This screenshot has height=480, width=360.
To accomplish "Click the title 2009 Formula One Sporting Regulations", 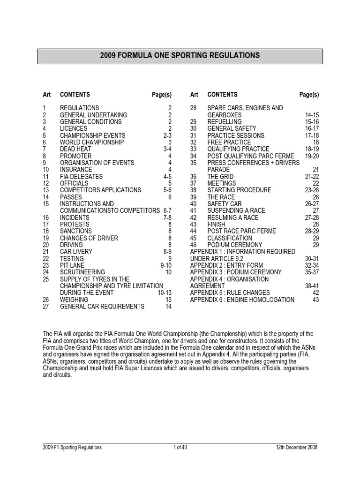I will tap(180, 55).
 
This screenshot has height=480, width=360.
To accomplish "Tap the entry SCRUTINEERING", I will tap(82, 272).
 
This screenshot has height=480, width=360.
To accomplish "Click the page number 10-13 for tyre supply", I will tap(165, 292).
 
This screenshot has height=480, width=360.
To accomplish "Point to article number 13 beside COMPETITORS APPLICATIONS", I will tap(46, 190).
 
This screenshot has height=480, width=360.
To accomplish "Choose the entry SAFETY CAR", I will tap(225, 204).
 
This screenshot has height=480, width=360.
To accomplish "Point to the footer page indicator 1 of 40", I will tap(180, 448).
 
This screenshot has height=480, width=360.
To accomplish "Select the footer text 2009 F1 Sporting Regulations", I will tap(72, 448).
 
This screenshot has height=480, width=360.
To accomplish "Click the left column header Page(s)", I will tap(162, 95).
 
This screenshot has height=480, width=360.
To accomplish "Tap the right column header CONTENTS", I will tap(222, 95).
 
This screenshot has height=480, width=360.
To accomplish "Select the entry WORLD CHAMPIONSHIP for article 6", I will tap(92, 142).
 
